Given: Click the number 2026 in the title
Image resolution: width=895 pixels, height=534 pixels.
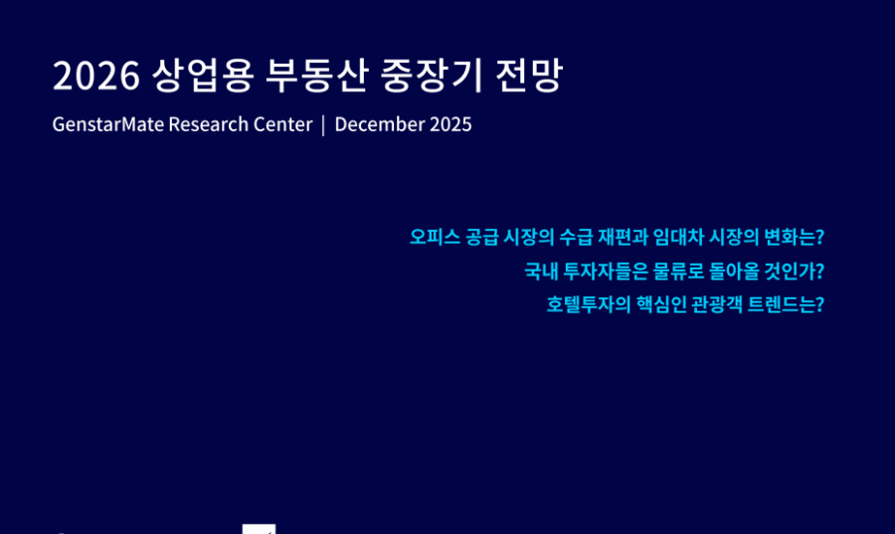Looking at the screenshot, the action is click(95, 76).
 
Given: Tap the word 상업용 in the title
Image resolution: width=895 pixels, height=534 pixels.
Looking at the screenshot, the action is click(203, 76).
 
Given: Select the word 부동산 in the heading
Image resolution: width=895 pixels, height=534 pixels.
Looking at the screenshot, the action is click(316, 76).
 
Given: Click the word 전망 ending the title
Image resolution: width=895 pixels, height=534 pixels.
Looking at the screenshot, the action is click(530, 76).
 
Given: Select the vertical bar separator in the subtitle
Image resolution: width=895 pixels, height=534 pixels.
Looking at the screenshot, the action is click(323, 125).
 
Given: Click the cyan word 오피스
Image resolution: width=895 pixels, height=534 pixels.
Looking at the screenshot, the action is click(435, 237).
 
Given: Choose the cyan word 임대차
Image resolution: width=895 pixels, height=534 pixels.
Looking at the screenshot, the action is click(678, 237).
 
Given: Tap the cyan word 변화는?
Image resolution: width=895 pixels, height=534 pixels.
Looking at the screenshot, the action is click(794, 237).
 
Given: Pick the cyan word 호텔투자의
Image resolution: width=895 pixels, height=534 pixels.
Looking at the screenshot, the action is click(589, 304).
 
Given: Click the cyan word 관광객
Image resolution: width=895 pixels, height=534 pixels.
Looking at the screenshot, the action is click(717, 304).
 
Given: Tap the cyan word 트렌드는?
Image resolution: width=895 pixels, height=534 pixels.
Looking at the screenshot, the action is click(786, 304).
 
